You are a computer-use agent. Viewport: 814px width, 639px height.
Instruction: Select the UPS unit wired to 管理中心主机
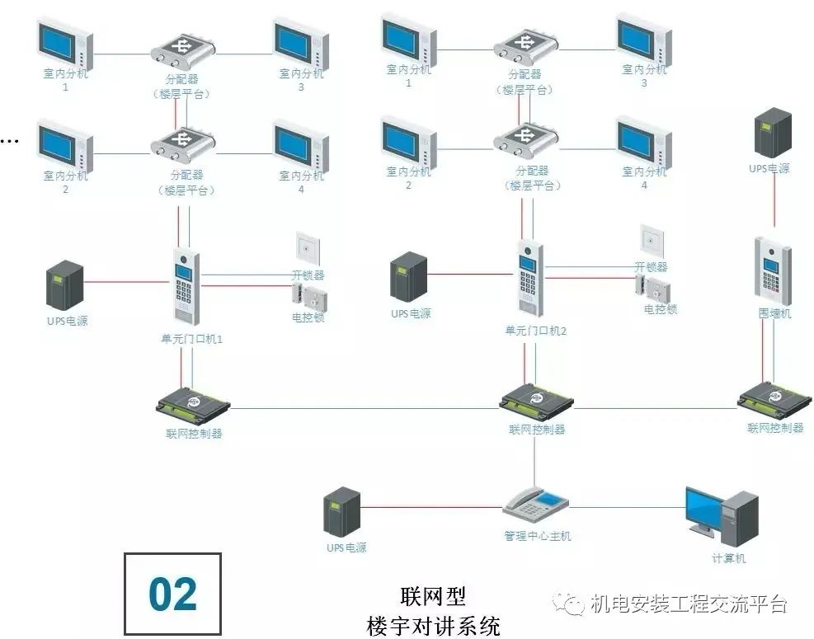(x=343, y=511)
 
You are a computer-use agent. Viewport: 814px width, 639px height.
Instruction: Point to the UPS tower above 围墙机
(x=774, y=134)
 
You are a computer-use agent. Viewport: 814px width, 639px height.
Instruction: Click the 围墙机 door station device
(x=773, y=270)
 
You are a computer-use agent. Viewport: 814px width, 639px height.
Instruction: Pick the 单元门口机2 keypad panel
(x=529, y=278)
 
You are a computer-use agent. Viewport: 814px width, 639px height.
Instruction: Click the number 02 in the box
(x=173, y=594)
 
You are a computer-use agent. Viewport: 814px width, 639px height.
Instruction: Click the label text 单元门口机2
(x=537, y=330)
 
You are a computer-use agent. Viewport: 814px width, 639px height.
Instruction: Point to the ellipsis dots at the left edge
(x=8, y=141)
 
